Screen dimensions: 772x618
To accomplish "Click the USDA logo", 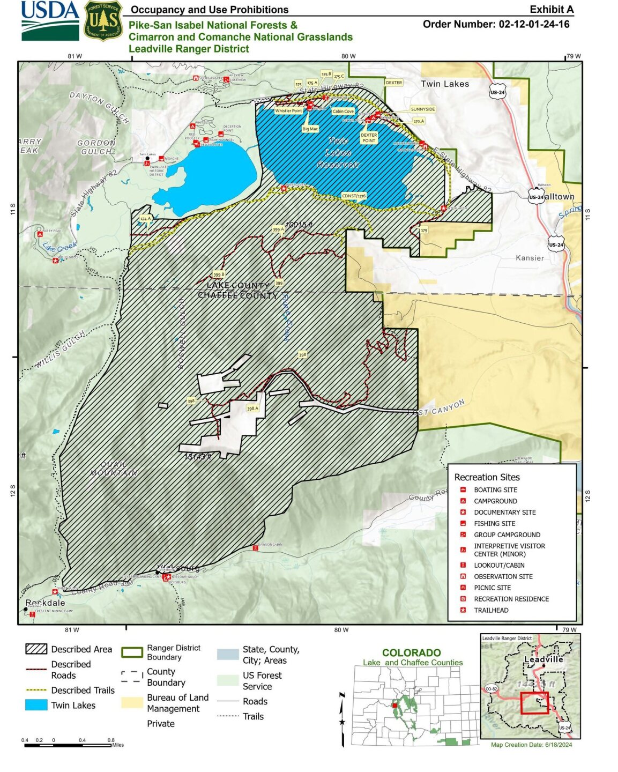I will (50, 20).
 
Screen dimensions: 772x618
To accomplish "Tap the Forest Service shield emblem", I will (103, 21).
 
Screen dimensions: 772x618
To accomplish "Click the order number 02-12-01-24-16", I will (496, 24).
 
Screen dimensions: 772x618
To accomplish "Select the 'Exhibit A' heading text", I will (552, 9).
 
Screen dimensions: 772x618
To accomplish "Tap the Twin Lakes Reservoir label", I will (338, 153).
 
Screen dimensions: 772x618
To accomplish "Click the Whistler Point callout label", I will (288, 111).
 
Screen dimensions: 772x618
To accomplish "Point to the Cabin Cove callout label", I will (343, 112).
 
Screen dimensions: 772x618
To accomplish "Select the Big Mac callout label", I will (310, 129).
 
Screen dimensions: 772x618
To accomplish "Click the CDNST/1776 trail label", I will (354, 196).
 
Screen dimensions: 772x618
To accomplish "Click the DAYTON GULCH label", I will (100, 107).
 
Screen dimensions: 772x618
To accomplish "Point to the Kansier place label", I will (530, 258).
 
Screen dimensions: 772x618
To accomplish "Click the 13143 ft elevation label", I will (198, 457).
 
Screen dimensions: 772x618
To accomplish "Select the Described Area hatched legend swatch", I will (36, 649).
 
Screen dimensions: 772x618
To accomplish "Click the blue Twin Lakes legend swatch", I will (36, 706).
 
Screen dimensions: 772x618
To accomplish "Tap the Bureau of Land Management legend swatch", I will (132, 703).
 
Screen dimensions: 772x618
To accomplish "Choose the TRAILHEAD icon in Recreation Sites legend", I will (463, 610).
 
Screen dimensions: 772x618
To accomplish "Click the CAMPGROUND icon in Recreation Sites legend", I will (463, 501).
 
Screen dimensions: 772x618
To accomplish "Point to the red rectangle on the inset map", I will (534, 703).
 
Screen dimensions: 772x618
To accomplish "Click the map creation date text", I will (531, 745).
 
